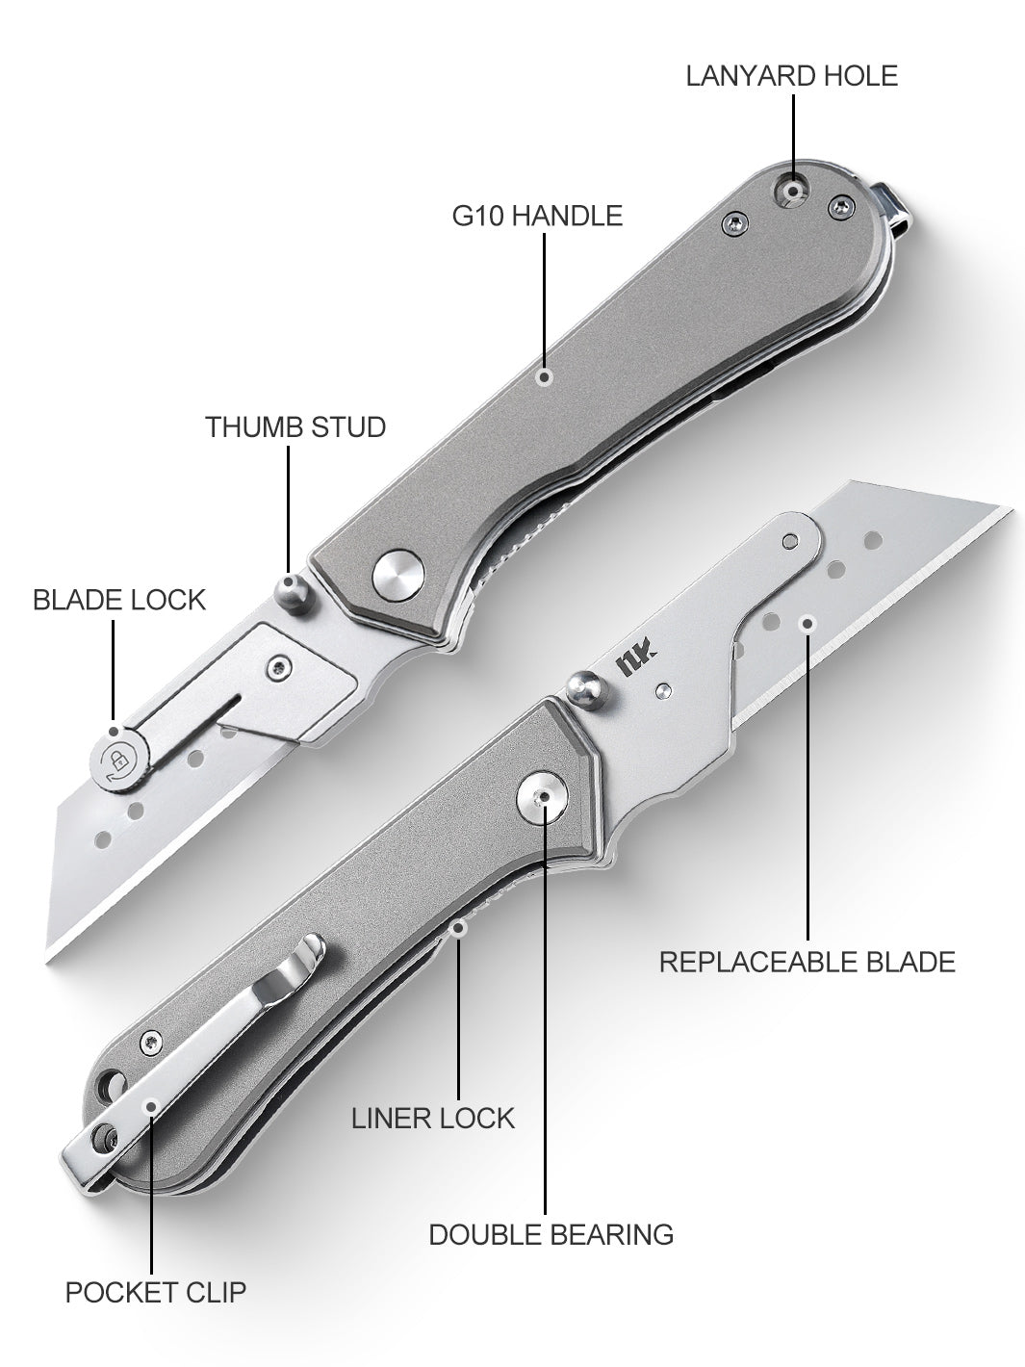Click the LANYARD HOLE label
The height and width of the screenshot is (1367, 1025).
point(792,76)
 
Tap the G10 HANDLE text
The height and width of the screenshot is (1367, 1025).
point(537,216)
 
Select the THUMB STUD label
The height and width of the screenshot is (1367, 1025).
point(295,427)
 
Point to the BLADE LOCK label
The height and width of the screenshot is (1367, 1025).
point(119,600)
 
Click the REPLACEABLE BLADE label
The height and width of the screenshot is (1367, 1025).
point(807,962)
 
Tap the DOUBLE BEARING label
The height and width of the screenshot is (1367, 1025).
point(551,1234)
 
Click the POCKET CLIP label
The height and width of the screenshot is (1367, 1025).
point(156,1292)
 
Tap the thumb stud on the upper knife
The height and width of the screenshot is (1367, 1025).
point(292,592)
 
